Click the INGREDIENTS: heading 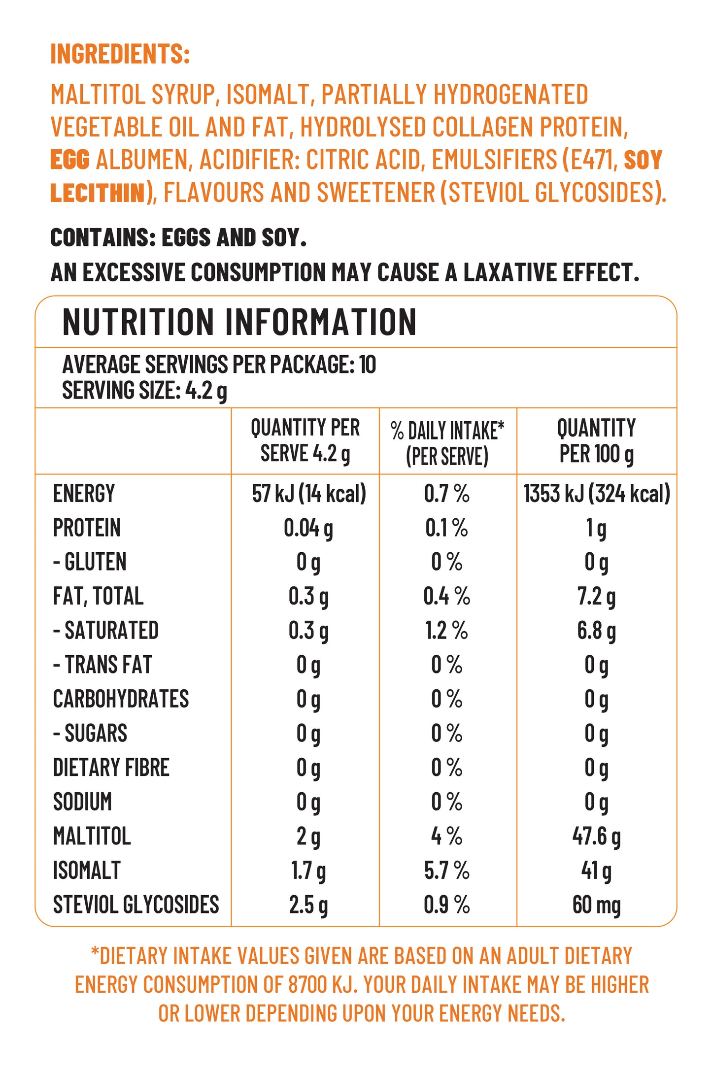tap(120, 54)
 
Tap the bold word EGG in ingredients tap(70, 160)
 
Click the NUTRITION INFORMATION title tap(239, 322)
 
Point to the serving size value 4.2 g tap(206, 391)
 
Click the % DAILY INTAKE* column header tap(447, 442)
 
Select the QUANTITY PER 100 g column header tap(596, 441)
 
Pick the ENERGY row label tap(84, 494)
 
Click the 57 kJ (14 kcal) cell tap(309, 494)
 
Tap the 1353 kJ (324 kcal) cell tap(596, 494)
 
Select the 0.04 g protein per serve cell tap(308, 528)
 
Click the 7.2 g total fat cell tap(596, 597)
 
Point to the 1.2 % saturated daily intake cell tap(446, 631)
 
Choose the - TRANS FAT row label tap(102, 665)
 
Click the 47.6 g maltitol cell tap(596, 837)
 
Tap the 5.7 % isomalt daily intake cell tap(446, 871)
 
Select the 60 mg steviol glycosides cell tap(596, 905)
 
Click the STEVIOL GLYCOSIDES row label tap(136, 905)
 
